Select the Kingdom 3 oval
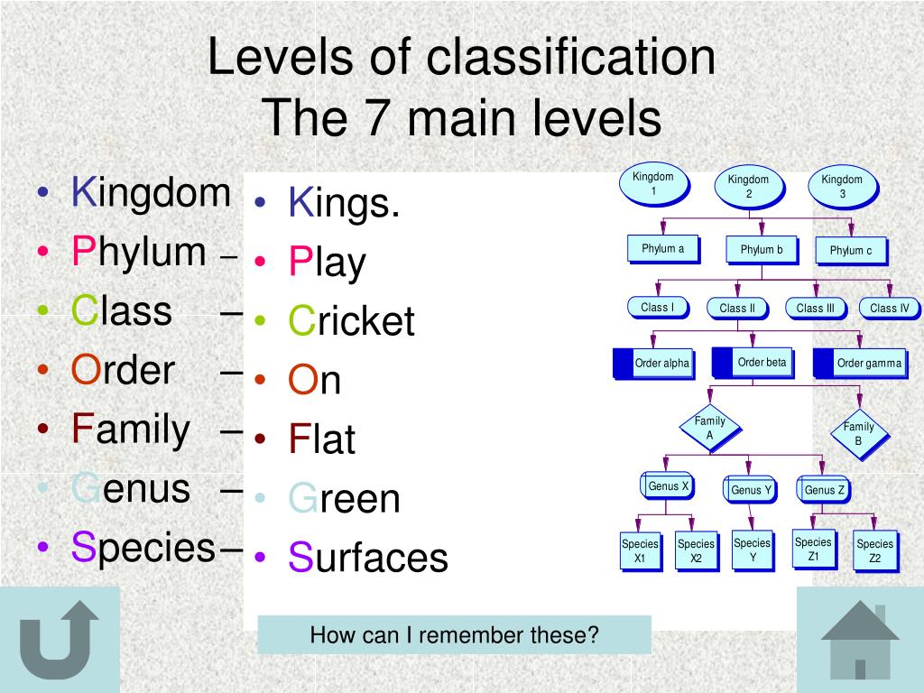click(841, 187)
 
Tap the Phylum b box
click(762, 249)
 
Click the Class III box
click(815, 308)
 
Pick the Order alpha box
click(661, 364)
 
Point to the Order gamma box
click(868, 364)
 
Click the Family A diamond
click(709, 428)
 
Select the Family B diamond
click(858, 433)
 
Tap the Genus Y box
click(751, 490)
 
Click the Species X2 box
click(696, 550)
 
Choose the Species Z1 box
click(813, 549)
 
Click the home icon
click(860, 639)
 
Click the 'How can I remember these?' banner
click(454, 634)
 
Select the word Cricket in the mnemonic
click(352, 321)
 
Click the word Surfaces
click(368, 558)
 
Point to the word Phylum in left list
click(139, 252)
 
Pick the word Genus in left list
click(131, 489)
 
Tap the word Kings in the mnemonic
click(344, 203)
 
